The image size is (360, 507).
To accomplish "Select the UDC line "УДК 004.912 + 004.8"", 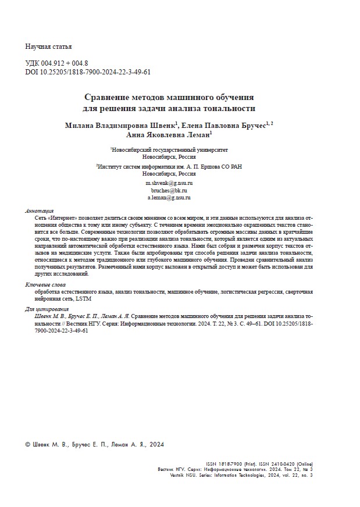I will [57, 63].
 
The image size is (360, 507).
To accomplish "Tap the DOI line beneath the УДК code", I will [88, 72].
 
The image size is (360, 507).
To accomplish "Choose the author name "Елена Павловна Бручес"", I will [224, 125].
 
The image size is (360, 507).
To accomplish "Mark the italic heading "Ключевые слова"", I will [46, 284].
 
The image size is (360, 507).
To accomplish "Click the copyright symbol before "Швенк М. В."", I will [28, 444].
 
